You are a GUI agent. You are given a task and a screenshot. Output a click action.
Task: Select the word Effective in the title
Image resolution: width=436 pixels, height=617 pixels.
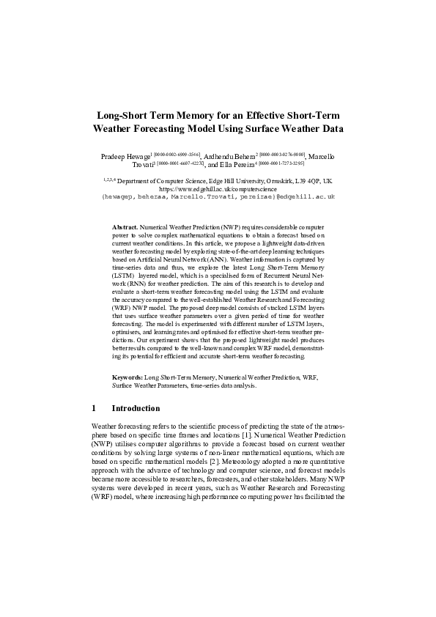[282, 116]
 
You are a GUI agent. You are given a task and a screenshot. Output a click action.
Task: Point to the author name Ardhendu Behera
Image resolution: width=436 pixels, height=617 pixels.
[229, 158]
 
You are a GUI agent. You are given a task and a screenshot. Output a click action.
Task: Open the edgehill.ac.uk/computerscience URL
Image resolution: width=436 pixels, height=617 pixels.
[218, 188]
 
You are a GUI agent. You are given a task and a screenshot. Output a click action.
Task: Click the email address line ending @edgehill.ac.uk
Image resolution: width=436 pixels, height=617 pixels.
[218, 197]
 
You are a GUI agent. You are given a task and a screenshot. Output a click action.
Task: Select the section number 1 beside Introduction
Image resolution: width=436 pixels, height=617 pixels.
[94, 408]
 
